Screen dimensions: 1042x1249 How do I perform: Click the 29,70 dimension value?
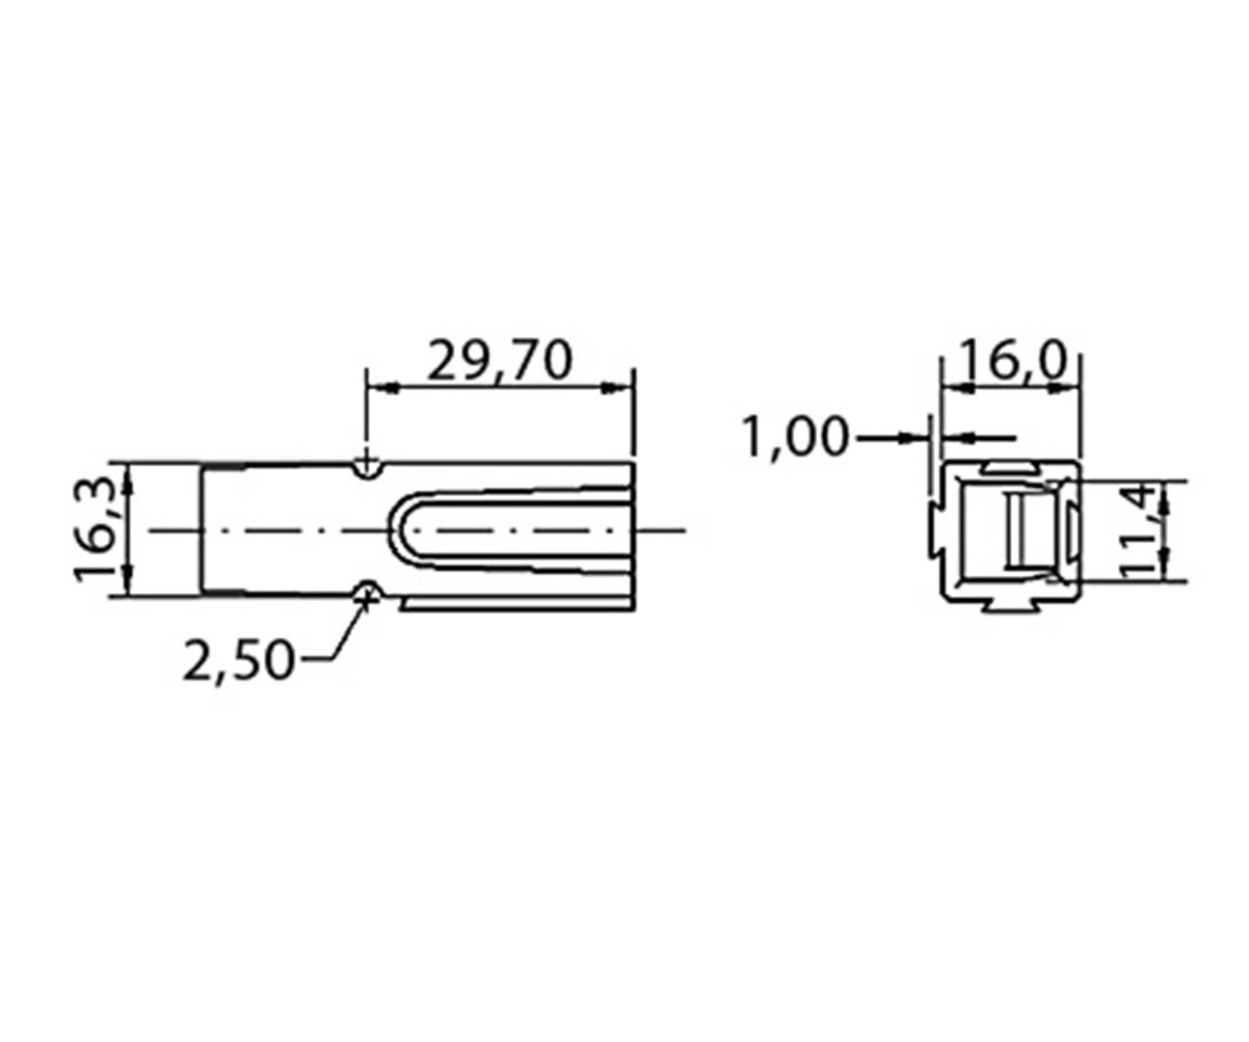(x=499, y=361)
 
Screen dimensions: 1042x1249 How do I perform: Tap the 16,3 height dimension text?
(x=98, y=529)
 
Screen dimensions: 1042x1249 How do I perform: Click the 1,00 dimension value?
(x=796, y=438)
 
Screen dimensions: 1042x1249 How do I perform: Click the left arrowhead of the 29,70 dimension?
(x=382, y=388)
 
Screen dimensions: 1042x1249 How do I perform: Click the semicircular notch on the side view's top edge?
(x=365, y=468)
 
